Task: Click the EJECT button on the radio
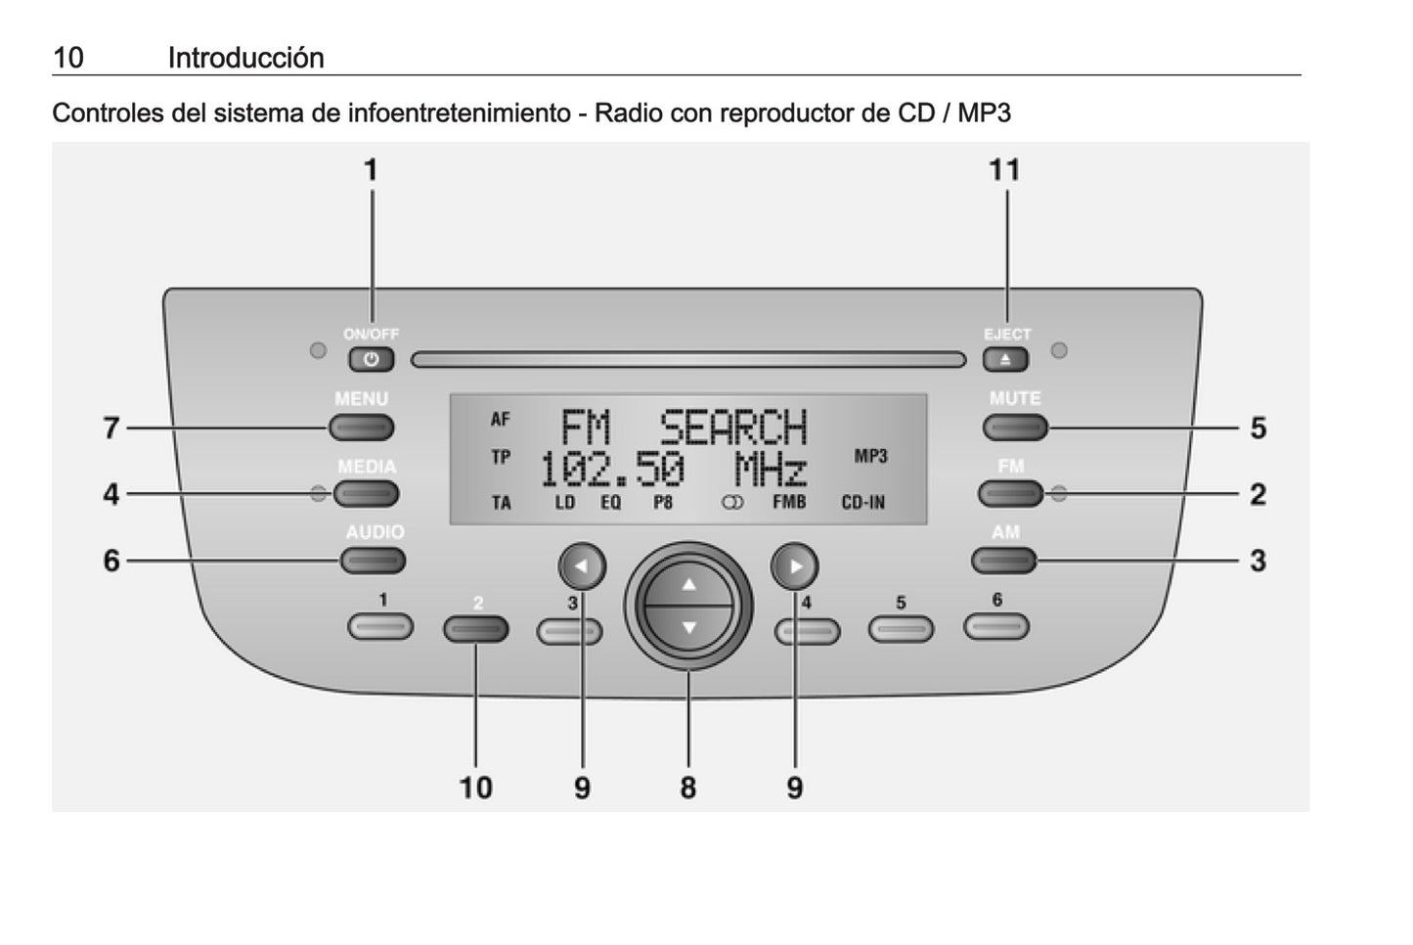coord(1006,360)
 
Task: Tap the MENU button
coord(361,427)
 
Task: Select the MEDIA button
coord(366,494)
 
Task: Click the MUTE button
coord(1015,427)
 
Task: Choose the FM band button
coord(1010,494)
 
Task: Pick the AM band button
coord(1003,561)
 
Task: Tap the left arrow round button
coord(582,565)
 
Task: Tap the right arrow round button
coord(794,565)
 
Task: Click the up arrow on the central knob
coord(689,585)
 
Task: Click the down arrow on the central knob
coord(689,627)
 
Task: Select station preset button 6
coord(995,626)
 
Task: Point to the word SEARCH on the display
coord(733,428)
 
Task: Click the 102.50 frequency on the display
coord(612,472)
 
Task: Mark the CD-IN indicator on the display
coord(862,503)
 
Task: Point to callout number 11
coord(1004,170)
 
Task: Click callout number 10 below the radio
coord(476,787)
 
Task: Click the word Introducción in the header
coord(245,58)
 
